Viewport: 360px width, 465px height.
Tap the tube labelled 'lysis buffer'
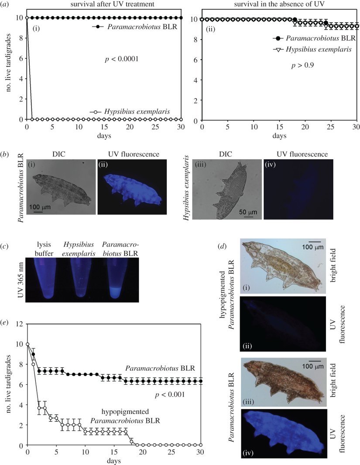[51, 279]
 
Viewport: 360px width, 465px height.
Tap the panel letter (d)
[222, 246]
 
